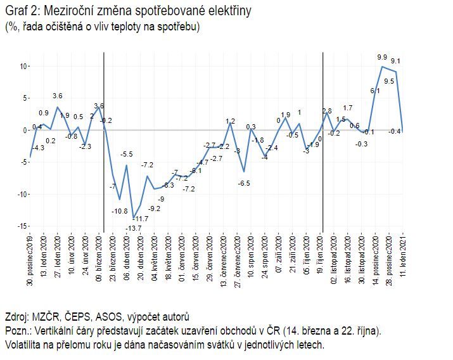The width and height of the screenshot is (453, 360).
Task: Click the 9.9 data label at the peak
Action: pos(381,57)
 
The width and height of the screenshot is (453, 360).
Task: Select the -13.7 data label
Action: pos(133,228)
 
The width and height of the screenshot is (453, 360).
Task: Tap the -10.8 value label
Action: pos(120,211)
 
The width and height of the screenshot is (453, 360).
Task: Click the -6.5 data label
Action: pos(244,183)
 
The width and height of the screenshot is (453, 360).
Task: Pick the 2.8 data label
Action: pos(327,112)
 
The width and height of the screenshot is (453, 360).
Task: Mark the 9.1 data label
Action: pos(396,61)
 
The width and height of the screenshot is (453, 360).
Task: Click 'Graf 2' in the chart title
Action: pos(20,11)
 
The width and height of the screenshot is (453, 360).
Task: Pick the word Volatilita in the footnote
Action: pos(25,345)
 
